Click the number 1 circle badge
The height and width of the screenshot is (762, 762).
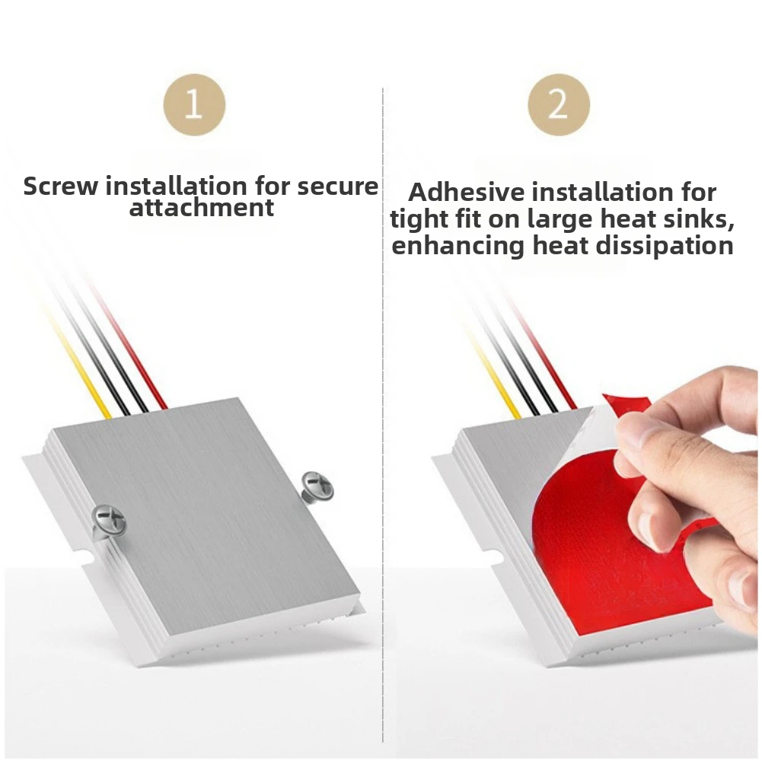194,104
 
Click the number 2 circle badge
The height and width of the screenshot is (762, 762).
559,104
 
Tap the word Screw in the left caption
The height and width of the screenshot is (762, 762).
61,187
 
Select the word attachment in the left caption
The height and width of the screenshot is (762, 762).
202,208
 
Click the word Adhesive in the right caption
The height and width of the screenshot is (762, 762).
467,192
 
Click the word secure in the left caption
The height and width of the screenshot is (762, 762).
337,187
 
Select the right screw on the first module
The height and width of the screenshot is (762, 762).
317,486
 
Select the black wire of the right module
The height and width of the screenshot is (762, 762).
520,362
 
